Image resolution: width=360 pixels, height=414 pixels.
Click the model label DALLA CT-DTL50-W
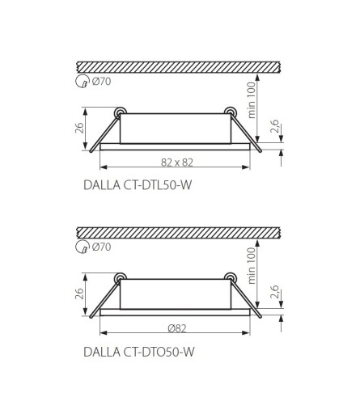click(x=138, y=185)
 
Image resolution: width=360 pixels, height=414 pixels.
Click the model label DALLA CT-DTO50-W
click(x=138, y=352)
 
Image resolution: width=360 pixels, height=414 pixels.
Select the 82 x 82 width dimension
click(x=177, y=163)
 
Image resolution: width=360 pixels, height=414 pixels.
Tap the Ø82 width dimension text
click(x=177, y=328)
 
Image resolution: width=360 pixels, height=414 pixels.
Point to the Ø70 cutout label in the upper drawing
click(x=101, y=81)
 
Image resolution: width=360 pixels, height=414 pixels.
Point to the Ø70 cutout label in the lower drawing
click(x=101, y=247)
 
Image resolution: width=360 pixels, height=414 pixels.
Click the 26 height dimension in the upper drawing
click(x=79, y=128)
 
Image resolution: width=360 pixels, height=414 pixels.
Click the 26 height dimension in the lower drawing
click(x=79, y=294)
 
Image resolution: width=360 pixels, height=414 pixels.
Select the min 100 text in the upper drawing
click(x=251, y=100)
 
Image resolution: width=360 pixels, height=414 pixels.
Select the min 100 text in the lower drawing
click(x=251, y=265)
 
